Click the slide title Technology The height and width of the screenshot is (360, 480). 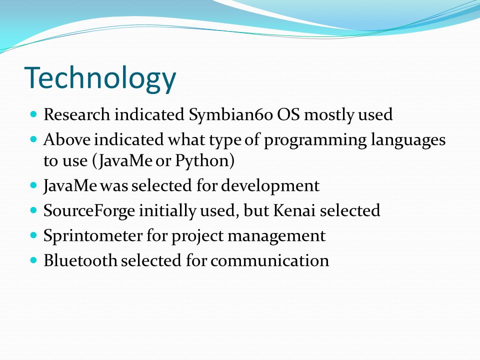100,79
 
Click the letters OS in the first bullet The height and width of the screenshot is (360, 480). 288,114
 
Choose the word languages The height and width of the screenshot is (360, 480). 408,140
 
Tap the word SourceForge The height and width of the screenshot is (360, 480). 89,211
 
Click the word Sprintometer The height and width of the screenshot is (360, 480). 93,236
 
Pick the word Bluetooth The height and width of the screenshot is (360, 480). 80,260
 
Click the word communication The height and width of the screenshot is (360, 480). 269,261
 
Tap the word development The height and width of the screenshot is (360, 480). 270,186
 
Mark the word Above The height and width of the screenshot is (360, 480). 67,139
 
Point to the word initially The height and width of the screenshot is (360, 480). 167,211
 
